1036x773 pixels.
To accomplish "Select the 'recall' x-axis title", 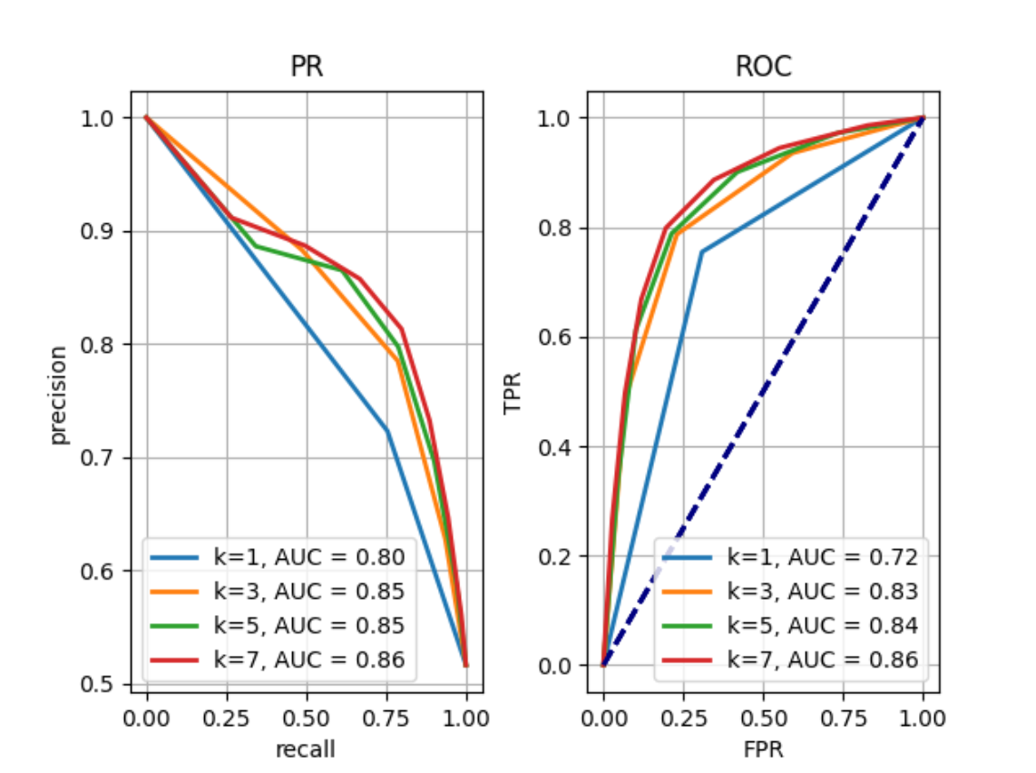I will pyautogui.click(x=306, y=749).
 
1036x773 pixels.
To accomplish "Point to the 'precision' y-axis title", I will pyautogui.click(x=59, y=394).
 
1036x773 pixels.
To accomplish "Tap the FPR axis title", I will pyautogui.click(x=762, y=749).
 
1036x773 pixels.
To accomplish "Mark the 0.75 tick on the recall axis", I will pyautogui.click(x=386, y=719).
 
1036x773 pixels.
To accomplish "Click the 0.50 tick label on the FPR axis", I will pyautogui.click(x=763, y=719).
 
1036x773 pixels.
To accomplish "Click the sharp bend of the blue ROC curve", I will pyautogui.click(x=701, y=251).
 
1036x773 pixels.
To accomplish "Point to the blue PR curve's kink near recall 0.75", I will pyautogui.click(x=387, y=430).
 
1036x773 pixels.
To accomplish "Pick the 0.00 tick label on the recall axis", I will pyautogui.click(x=147, y=719).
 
